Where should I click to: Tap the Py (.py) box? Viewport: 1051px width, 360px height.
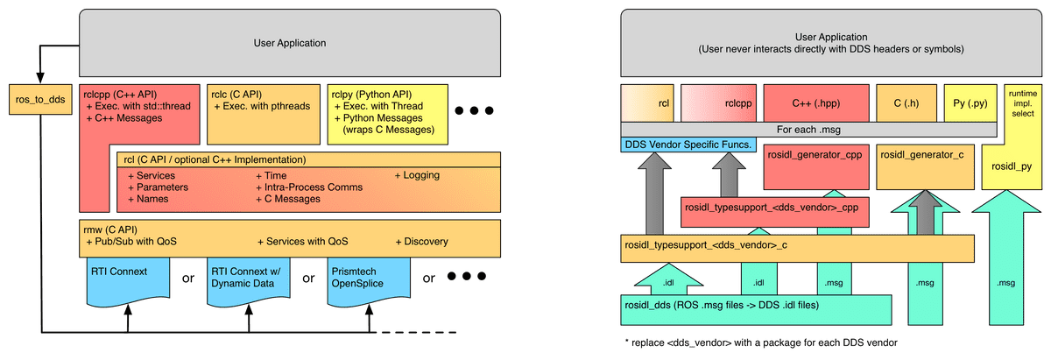(x=970, y=103)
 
